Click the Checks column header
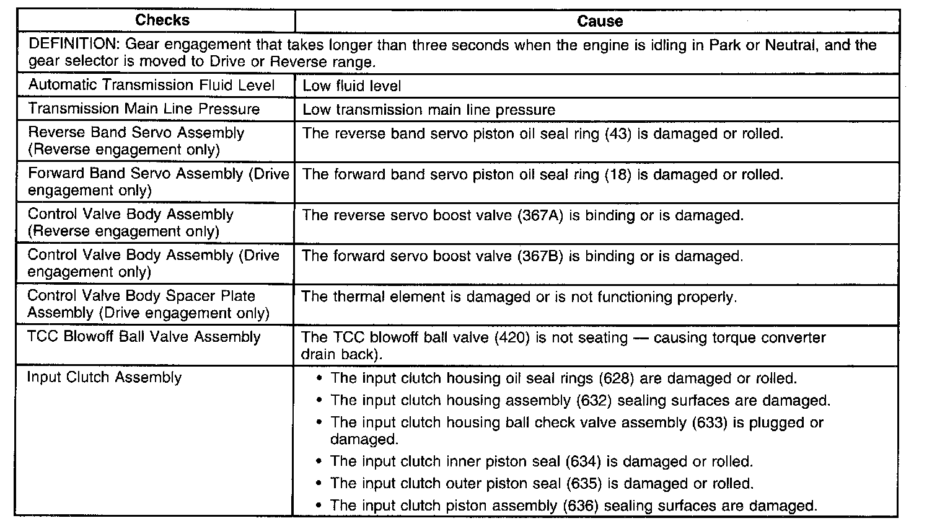pyautogui.click(x=162, y=20)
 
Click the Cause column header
pyautogui.click(x=599, y=21)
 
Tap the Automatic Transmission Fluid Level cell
pyautogui.click(x=151, y=85)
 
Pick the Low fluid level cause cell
pyautogui.click(x=351, y=86)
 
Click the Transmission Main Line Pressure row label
pyautogui.click(x=144, y=109)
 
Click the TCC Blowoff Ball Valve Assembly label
pyautogui.click(x=144, y=337)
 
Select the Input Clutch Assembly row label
pyautogui.click(x=104, y=377)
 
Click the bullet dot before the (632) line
pyautogui.click(x=319, y=401)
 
